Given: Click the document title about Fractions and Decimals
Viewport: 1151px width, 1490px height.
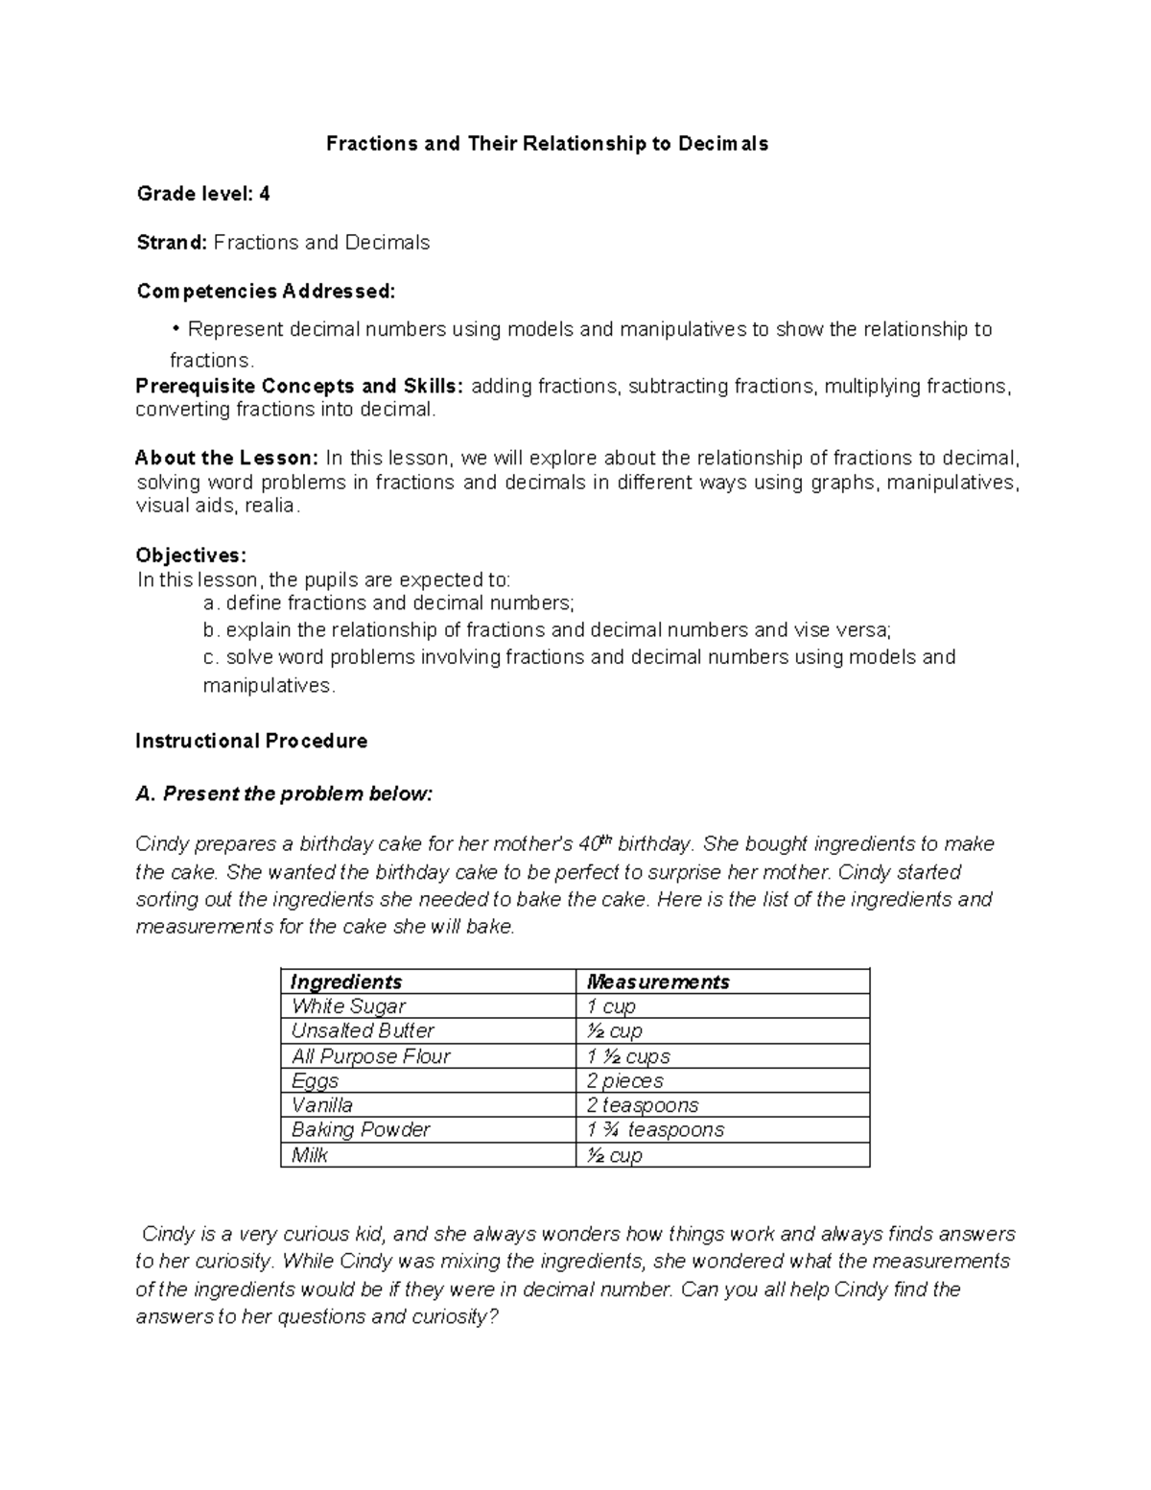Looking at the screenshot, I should coord(547,144).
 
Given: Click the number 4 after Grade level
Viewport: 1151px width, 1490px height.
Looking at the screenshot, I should coord(264,194).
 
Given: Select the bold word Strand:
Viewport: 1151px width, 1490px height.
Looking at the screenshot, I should coord(172,243).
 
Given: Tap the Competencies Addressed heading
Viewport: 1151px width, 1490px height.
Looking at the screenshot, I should coord(265,291).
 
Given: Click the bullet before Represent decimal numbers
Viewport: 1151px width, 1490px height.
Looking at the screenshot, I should coord(176,329).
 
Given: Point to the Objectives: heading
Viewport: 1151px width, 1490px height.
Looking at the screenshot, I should coord(191,556).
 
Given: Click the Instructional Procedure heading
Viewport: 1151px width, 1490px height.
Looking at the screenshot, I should coord(251,741).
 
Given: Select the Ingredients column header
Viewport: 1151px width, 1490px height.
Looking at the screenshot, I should coord(346,982).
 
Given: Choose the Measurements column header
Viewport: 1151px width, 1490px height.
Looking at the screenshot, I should coord(658,982).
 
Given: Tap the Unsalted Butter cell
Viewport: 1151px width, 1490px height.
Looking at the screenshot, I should coord(363,1030).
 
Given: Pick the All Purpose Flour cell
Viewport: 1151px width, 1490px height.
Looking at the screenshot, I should coord(370,1055).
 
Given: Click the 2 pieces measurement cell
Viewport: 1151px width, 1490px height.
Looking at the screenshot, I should coord(624,1080).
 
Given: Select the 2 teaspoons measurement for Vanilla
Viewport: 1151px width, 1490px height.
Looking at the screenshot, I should coord(643,1105).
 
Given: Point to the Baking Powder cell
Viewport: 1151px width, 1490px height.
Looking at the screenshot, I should coord(361,1129).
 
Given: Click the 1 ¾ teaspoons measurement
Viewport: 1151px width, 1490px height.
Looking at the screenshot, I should coord(655,1129).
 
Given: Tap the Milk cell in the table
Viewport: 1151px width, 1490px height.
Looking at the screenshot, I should coord(310,1155).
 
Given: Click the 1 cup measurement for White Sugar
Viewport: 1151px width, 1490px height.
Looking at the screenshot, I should coord(611,1006).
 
